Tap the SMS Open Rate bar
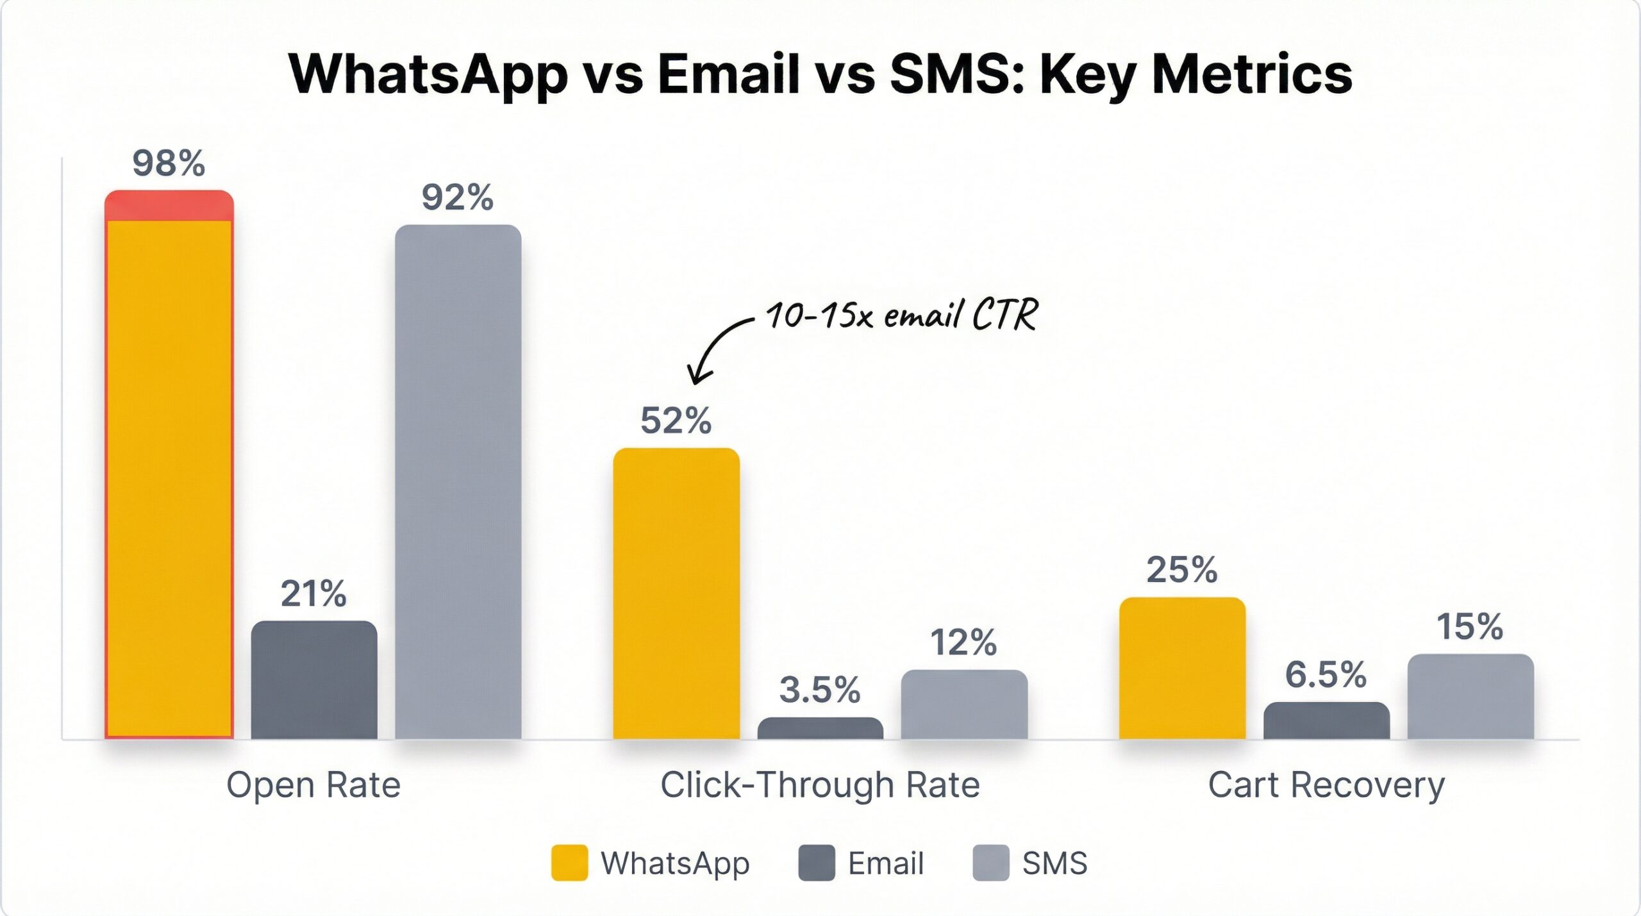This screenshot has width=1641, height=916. coord(458,481)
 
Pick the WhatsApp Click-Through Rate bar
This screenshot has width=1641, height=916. coord(676,593)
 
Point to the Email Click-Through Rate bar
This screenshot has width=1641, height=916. coord(820,728)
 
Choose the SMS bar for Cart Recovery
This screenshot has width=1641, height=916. coord(1470,696)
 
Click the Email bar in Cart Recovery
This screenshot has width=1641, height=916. coord(1326,720)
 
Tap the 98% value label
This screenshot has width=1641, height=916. coord(169,163)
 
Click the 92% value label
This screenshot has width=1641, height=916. coord(458,197)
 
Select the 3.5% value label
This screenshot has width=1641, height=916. coord(820,690)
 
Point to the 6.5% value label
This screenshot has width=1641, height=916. coord(1326,675)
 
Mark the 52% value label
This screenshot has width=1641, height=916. coord(676,421)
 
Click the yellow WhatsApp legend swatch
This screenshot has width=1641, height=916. coord(569,863)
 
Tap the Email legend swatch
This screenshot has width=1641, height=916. coord(816,863)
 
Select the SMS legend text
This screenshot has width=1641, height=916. coord(1054,863)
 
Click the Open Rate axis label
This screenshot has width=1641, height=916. coord(313,785)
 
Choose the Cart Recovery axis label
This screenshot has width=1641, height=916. coord(1326,785)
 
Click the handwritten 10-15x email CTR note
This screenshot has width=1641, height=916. coord(901,315)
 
